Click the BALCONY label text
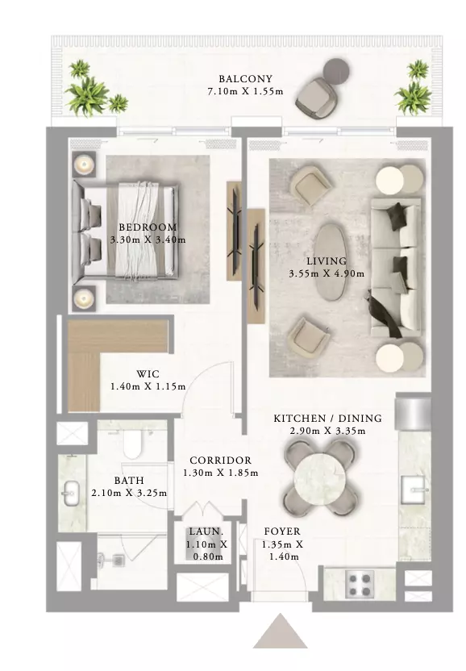click(246, 79)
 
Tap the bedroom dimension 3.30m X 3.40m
click(148, 240)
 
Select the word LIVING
click(327, 261)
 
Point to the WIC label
click(148, 374)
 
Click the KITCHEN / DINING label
click(328, 418)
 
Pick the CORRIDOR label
click(220, 461)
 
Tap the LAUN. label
click(206, 531)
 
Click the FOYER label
click(282, 531)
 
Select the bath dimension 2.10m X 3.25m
click(129, 493)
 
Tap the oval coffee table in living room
click(331, 261)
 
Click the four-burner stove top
click(360, 585)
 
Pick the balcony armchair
click(314, 100)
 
